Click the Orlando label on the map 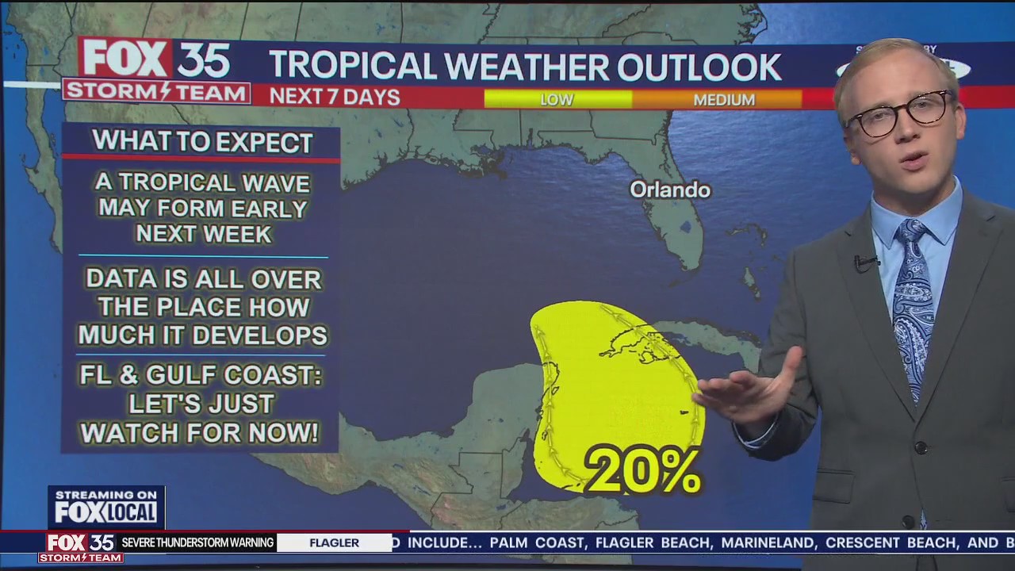(670, 190)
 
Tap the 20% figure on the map (642, 471)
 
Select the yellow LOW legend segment (557, 100)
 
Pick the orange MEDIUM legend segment (723, 100)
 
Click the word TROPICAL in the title (353, 67)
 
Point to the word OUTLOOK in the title (699, 67)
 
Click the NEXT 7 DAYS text (334, 97)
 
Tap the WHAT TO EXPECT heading (202, 142)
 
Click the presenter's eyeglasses (898, 113)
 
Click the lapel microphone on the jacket (865, 262)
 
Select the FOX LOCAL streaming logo (106, 508)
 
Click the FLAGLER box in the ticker (334, 543)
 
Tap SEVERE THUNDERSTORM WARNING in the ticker (197, 543)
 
